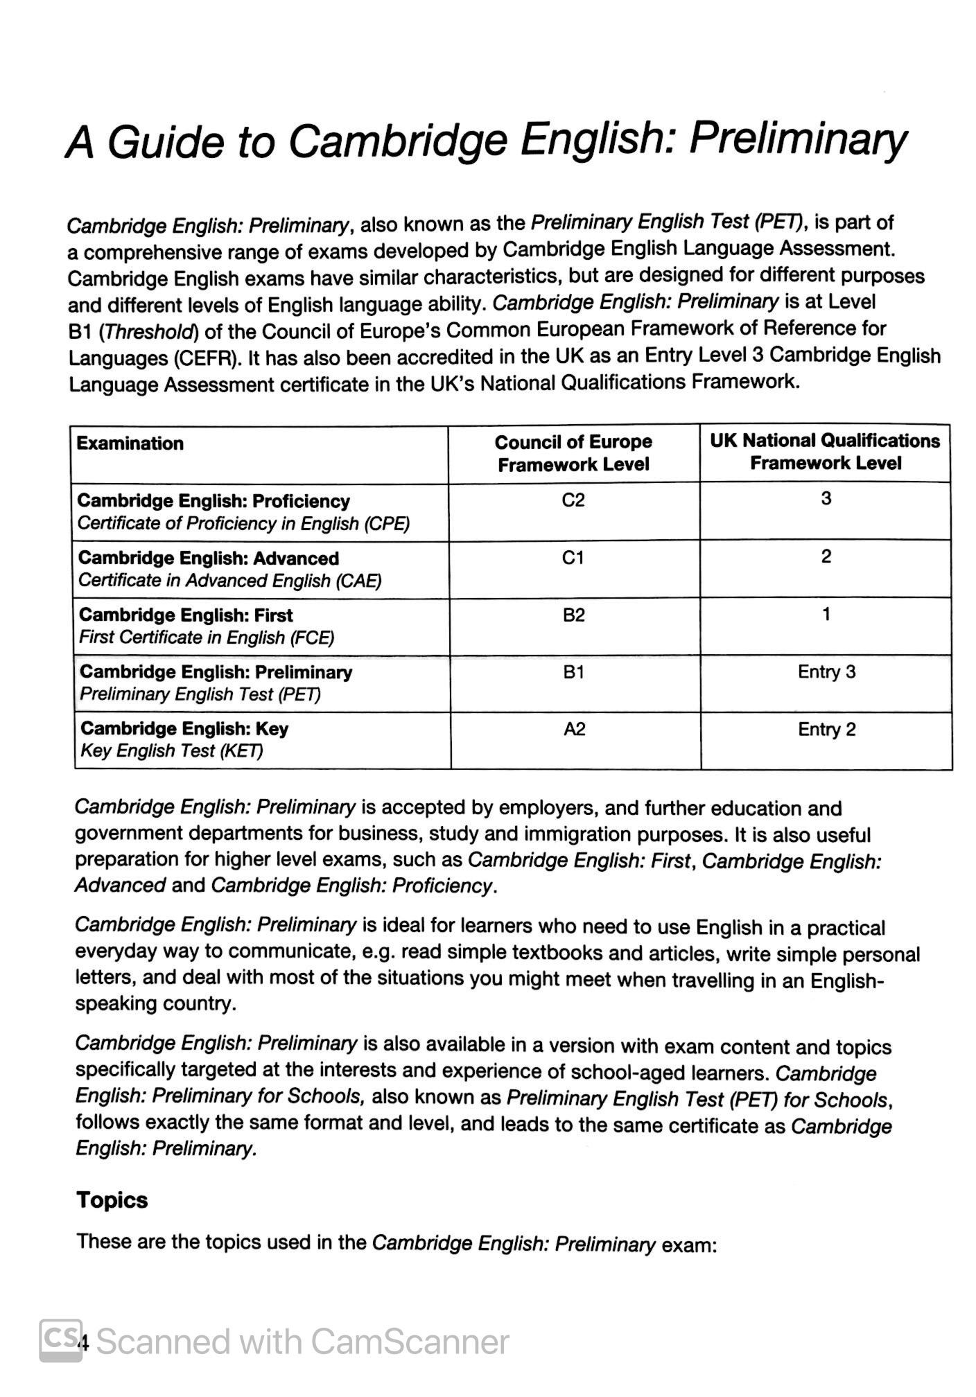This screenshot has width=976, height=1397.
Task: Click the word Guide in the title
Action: click(166, 142)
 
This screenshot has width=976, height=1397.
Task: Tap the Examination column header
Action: click(130, 443)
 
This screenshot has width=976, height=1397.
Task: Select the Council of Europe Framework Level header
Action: click(573, 453)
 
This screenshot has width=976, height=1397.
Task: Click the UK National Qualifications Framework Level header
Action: click(825, 452)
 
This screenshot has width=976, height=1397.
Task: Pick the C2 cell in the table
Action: click(573, 500)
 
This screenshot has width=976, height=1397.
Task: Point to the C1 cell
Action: click(573, 558)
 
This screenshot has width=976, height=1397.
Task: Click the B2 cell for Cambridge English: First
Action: click(574, 615)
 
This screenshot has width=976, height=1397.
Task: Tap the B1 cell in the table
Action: click(574, 672)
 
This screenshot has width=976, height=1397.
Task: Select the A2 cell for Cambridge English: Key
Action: click(575, 729)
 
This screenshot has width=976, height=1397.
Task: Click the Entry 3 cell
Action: click(826, 672)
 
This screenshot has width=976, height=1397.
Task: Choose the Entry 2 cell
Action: click(826, 730)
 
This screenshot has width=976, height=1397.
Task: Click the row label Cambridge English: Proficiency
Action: click(214, 501)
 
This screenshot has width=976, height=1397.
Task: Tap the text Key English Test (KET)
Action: click(172, 751)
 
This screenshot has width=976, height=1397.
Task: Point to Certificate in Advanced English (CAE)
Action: click(229, 581)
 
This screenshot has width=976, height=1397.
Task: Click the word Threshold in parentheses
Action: click(149, 332)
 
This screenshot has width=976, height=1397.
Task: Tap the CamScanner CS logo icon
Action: click(60, 1341)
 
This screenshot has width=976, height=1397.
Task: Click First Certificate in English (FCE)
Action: click(207, 638)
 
